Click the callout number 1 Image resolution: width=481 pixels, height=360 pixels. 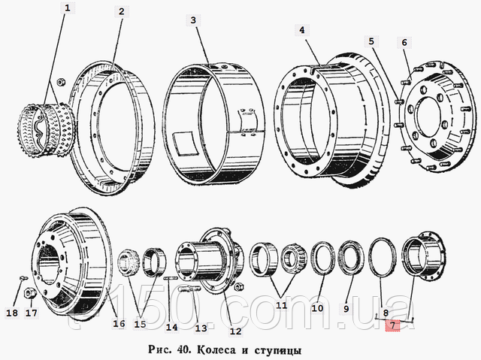point(68,8)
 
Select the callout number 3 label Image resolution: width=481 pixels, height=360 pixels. point(193,20)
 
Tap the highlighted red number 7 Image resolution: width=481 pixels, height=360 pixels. point(393,325)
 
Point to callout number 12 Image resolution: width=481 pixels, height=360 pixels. point(235,331)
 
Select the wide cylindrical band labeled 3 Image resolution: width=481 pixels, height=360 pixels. point(213,125)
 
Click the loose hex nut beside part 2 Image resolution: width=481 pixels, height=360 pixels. point(60,82)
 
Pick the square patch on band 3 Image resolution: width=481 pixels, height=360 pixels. point(184,143)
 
